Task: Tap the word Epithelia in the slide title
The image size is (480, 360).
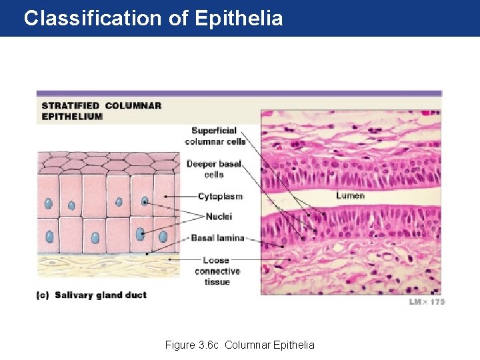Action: pos(239,18)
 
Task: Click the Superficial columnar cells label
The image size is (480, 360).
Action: pos(215,135)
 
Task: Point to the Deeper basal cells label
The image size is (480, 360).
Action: pos(213,169)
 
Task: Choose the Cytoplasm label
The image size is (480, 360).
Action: pos(220,197)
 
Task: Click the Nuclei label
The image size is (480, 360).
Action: pos(219,217)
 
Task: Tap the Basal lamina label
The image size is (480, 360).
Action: pos(217,237)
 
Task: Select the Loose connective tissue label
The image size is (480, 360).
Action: pos(217,271)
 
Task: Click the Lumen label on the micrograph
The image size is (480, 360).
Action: pos(350,196)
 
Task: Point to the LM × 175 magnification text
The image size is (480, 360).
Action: pos(427,302)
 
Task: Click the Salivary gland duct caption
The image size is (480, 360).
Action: pos(101,295)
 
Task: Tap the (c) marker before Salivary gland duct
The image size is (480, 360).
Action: pos(43,295)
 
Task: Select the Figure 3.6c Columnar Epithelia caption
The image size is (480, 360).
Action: pos(240,345)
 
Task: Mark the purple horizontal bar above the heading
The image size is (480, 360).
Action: pos(239,93)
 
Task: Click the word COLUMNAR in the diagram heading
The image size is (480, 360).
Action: pos(133,105)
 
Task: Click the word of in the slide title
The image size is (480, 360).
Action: pos(178,18)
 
